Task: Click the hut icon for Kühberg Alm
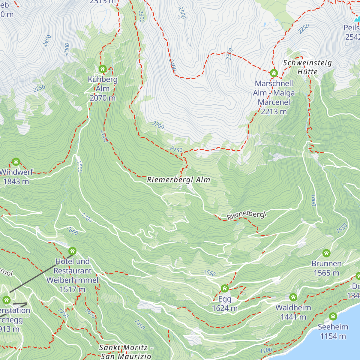point(103,69)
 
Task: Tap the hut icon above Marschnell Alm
point(274,73)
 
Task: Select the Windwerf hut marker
point(16,162)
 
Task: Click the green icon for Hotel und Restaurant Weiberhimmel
point(72,251)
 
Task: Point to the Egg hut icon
point(225,289)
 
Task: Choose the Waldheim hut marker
point(293,297)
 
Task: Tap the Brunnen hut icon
point(326,253)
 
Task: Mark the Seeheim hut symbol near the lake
point(333,316)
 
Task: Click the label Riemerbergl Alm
point(178,180)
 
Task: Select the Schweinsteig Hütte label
point(307,67)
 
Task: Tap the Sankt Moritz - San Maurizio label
point(126,352)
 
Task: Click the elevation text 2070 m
point(103,98)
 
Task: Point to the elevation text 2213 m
point(274,112)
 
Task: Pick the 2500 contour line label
point(182,13)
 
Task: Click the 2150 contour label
point(176,149)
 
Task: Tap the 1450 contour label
point(139,325)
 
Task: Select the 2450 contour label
point(47,41)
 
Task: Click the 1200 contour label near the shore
point(266,350)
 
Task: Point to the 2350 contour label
point(229,54)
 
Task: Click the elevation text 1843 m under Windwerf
point(16,181)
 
